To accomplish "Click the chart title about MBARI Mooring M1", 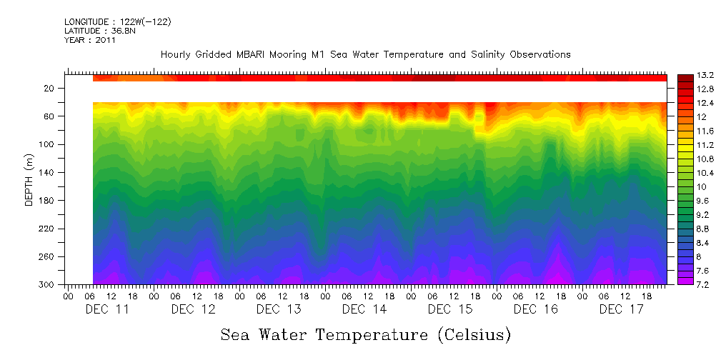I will click(365, 54).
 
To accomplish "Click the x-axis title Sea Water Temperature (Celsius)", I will click(365, 334).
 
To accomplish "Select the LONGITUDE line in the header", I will click(117, 22).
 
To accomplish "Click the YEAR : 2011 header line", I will click(90, 40).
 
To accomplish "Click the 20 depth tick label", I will click(50, 88).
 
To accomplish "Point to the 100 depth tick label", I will click(48, 144).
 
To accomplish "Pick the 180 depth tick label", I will click(48, 201).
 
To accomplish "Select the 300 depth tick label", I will click(48, 285).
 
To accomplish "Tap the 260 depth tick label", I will click(48, 257).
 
